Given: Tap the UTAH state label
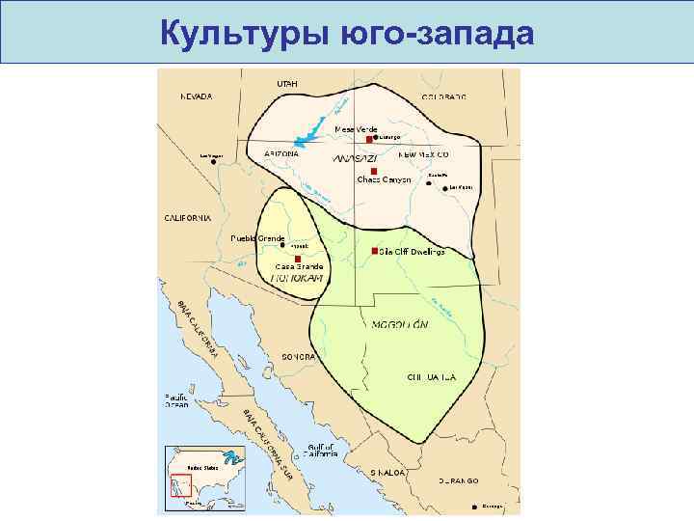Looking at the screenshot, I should click(287, 84).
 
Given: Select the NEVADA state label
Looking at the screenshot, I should click(197, 96).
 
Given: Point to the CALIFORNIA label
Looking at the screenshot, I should click(187, 218).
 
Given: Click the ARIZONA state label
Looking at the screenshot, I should click(281, 153).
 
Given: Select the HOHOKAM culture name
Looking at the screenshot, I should click(296, 277).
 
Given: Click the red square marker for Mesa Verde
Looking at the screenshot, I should click(369, 138).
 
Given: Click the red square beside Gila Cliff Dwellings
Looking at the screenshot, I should click(374, 251).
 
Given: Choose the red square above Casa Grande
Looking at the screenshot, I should click(299, 259).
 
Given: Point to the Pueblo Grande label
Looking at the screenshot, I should click(256, 237).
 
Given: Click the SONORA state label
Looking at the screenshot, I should click(298, 357).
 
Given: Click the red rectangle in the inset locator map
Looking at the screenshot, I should click(180, 489).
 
